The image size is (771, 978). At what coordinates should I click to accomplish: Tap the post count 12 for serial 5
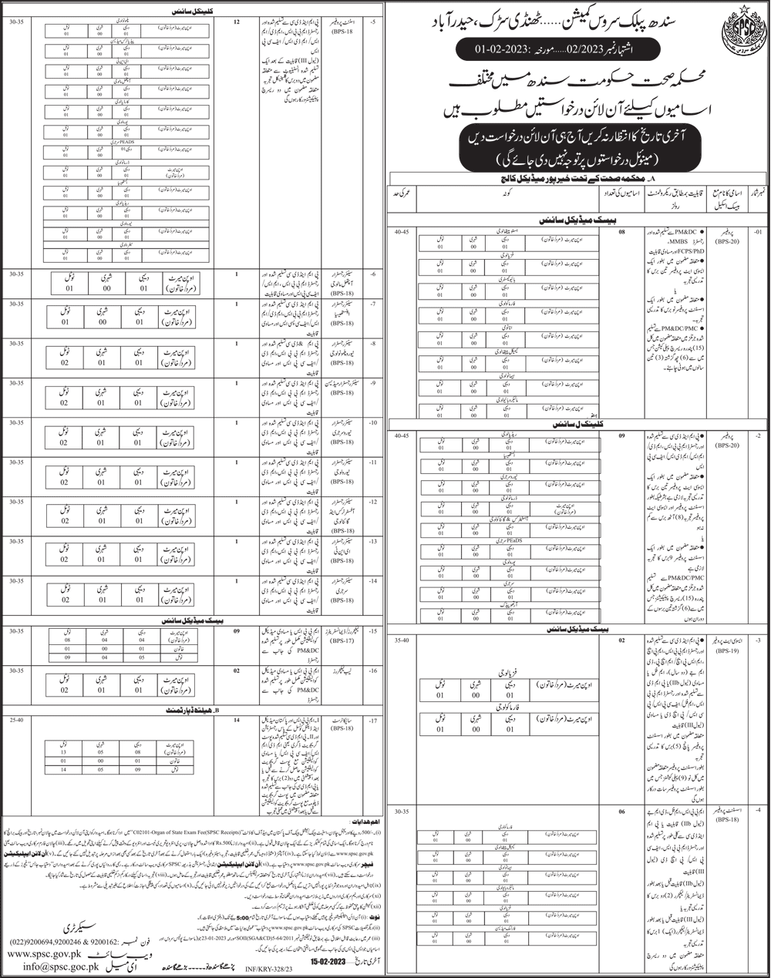[236, 22]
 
